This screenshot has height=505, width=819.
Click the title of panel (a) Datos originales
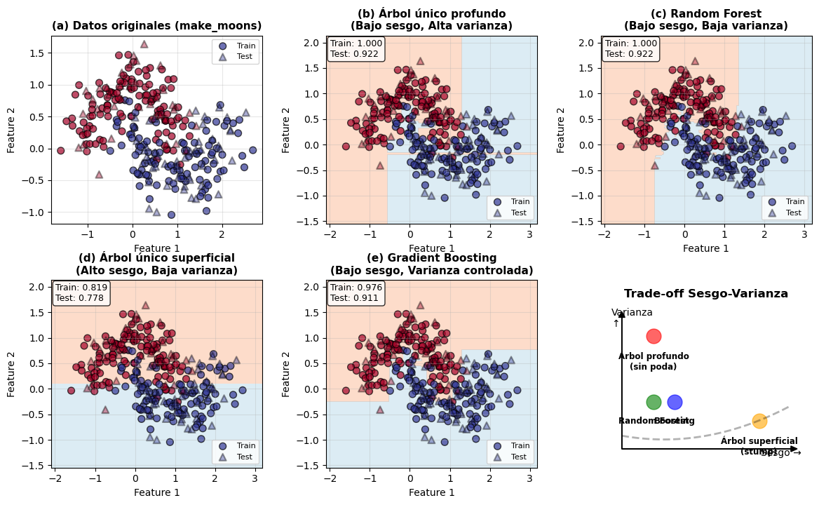pyautogui.click(x=156, y=27)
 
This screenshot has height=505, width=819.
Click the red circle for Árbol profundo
pyautogui.click(x=654, y=336)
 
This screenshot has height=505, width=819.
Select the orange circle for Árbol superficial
pyautogui.click(x=759, y=421)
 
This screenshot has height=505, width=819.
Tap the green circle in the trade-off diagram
pyautogui.click(x=654, y=402)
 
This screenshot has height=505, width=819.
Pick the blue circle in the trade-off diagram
pyautogui.click(x=675, y=402)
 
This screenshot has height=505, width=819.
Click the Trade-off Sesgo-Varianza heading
pyautogui.click(x=706, y=294)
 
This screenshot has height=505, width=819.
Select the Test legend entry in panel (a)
pyautogui.click(x=238, y=57)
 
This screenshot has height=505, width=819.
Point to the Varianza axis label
pyautogui.click(x=632, y=313)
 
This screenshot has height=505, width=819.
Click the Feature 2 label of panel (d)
pyautogui.click(x=11, y=374)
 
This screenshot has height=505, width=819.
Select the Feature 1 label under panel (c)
pyautogui.click(x=706, y=248)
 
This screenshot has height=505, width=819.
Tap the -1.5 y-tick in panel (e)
pyautogui.click(x=316, y=465)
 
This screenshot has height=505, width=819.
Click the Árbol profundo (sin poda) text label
pyautogui.click(x=654, y=361)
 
